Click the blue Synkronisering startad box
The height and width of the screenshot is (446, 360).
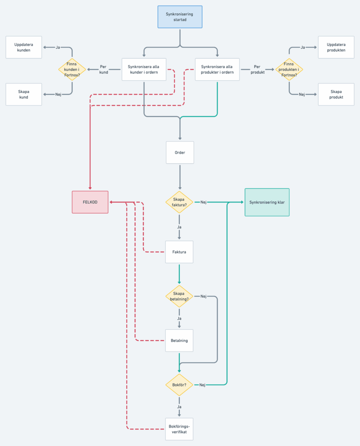click(180, 17)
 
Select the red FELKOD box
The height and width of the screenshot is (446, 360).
click(90, 202)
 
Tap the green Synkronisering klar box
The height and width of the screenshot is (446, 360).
click(267, 202)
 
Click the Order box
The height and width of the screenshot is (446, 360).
click(180, 152)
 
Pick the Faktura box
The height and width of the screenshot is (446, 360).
click(179, 252)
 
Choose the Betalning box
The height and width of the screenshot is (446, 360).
click(179, 340)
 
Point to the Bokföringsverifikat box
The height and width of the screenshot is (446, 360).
click(179, 429)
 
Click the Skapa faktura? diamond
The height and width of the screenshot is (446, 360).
click(179, 202)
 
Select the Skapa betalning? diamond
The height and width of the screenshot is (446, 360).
click(179, 296)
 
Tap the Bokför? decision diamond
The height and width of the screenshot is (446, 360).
click(179, 385)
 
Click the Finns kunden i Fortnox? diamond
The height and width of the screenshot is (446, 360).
click(72, 69)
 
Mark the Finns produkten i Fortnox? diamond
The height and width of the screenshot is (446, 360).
click(289, 69)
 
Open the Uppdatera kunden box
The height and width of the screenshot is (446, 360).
click(24, 47)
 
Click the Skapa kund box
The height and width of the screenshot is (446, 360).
click(24, 94)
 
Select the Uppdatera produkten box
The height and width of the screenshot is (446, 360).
click(336, 47)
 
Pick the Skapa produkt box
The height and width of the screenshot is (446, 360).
click(336, 94)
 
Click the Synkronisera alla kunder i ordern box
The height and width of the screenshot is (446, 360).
click(144, 69)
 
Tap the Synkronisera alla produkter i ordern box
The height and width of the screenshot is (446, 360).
click(217, 69)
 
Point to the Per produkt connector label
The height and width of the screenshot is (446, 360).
click(257, 69)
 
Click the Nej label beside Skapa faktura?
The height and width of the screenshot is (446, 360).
click(203, 202)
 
